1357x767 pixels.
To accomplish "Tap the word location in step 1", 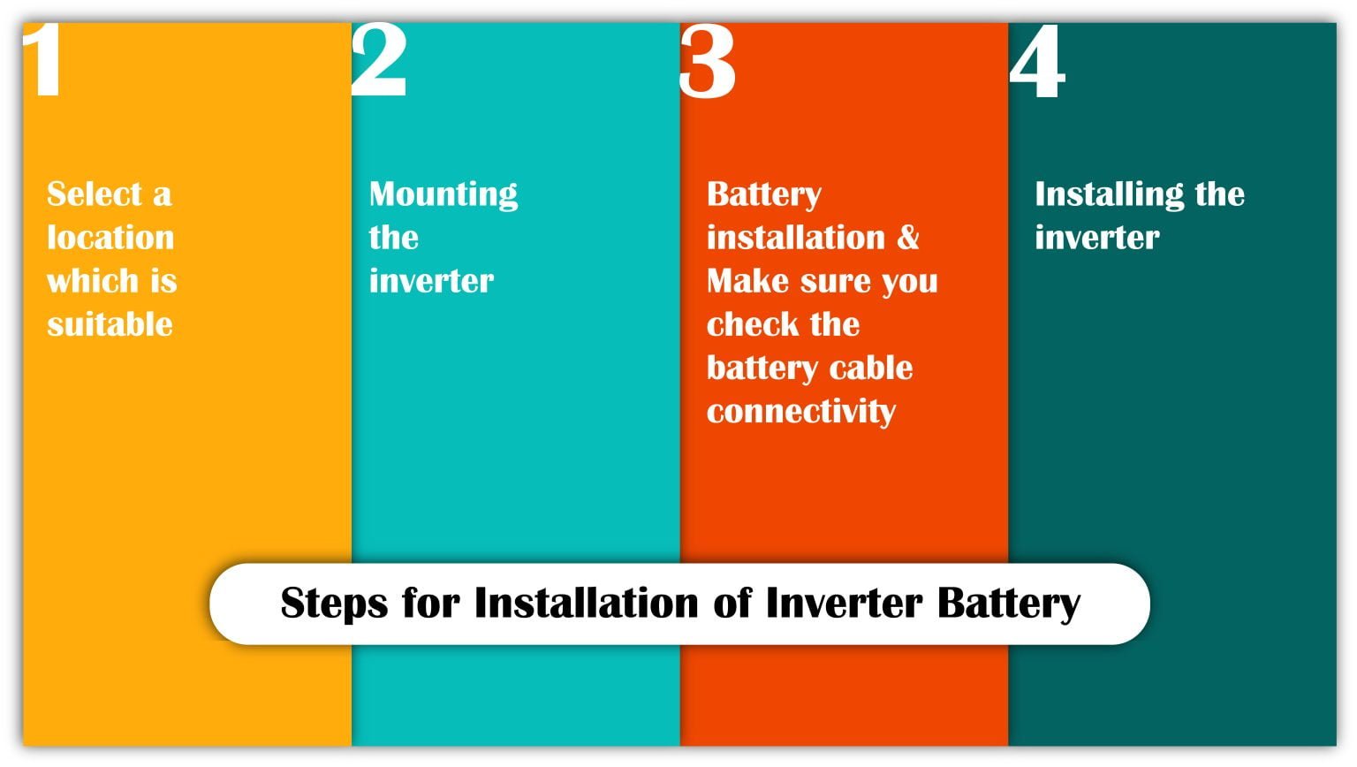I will [110, 238].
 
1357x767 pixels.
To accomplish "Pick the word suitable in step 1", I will [110, 324].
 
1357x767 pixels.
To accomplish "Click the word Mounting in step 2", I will [443, 194].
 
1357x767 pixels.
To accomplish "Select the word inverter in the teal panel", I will [431, 281].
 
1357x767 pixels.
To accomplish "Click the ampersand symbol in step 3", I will [908, 238].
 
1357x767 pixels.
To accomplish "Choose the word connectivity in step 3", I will [800, 412].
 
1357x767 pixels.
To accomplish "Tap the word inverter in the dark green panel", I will [1096, 238].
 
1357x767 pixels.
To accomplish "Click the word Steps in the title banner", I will [334, 604].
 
